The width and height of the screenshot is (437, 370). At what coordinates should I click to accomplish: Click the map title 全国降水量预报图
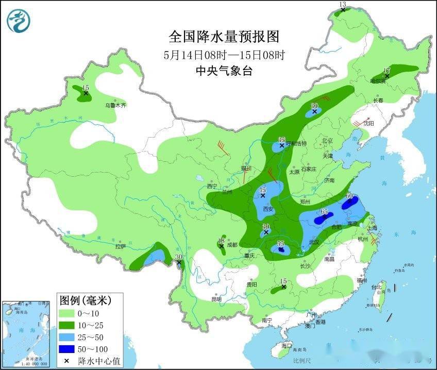(224, 37)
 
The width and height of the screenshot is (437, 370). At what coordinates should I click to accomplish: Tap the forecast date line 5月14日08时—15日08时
(224, 55)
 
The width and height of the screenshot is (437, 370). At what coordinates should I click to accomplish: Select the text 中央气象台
(224, 71)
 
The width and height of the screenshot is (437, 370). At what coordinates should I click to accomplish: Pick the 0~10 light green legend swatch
(67, 313)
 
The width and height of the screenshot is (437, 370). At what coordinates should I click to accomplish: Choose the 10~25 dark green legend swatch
(67, 325)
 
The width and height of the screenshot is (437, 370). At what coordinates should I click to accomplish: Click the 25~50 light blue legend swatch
(67, 337)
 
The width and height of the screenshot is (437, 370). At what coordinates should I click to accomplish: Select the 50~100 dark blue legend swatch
(67, 349)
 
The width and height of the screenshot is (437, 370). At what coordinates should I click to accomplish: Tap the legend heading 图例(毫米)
(85, 299)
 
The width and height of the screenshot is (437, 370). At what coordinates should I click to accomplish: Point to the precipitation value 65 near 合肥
(324, 212)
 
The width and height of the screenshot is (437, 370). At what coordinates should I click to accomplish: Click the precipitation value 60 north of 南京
(349, 196)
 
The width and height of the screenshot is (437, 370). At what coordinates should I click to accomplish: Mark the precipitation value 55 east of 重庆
(281, 243)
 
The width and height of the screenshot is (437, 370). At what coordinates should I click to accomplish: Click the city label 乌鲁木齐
(116, 105)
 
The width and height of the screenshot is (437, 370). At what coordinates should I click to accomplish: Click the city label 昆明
(216, 299)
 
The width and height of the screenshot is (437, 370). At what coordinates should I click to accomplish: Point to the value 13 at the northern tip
(342, 5)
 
